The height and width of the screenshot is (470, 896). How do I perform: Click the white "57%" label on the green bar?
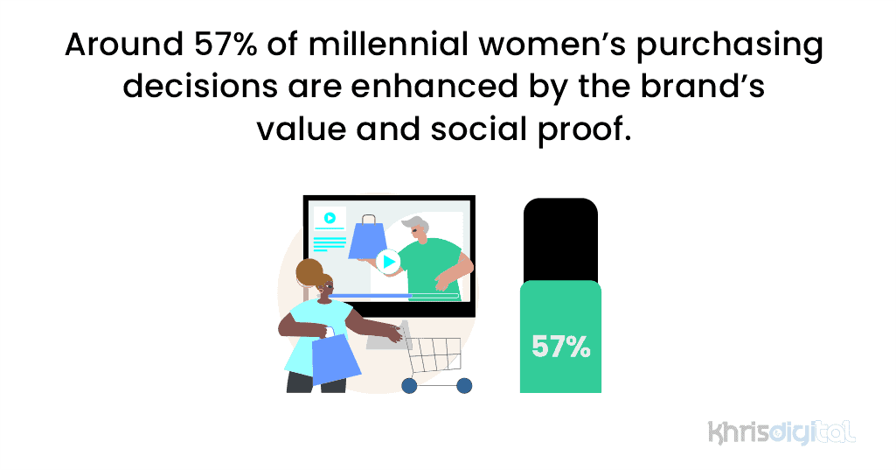tap(560, 347)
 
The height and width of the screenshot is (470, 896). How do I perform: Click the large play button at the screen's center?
tap(388, 261)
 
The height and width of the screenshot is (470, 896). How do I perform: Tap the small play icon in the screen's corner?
tap(330, 218)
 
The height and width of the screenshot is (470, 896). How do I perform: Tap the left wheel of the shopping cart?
tap(409, 385)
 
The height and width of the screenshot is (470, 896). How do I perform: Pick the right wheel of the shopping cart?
tap(464, 385)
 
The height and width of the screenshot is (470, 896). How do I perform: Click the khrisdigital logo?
tap(781, 431)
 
